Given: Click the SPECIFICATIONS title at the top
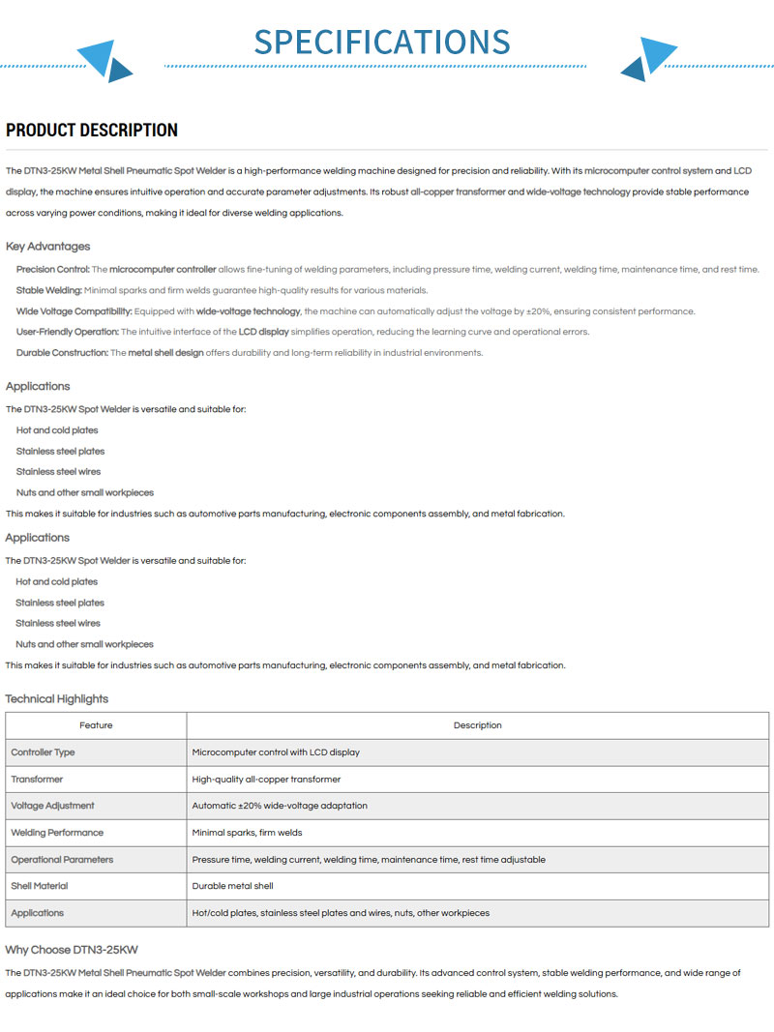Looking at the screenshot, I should (x=382, y=42).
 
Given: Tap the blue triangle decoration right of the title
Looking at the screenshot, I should (x=648, y=59).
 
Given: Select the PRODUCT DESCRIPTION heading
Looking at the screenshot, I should (x=92, y=131).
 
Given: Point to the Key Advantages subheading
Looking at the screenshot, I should (x=47, y=246).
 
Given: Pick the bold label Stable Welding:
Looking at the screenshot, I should (x=49, y=290).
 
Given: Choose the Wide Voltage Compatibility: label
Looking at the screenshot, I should (x=74, y=311).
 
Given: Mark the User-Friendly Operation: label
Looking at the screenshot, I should (x=68, y=332).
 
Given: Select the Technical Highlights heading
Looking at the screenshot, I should (x=57, y=698).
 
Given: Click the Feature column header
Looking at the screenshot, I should (x=96, y=725).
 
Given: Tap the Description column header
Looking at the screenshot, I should (x=478, y=725).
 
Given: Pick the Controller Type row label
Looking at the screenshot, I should (x=43, y=752).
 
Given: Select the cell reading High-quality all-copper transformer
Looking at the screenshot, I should (x=266, y=779).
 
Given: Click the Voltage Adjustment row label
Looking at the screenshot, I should (x=52, y=806).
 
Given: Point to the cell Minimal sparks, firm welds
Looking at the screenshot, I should (x=247, y=832).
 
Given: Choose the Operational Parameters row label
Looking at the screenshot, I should (x=62, y=859).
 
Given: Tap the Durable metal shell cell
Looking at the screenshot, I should (x=232, y=886).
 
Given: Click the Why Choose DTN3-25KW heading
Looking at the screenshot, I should (x=72, y=950).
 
